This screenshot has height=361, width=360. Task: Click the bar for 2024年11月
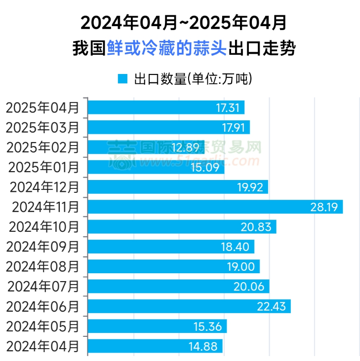[215, 207]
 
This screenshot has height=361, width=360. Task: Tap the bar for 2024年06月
[189, 306]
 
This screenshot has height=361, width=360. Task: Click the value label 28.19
[324, 207]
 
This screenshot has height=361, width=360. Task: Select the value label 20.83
[258, 227]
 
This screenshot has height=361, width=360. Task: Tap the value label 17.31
[227, 108]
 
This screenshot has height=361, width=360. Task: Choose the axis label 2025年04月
[42, 108]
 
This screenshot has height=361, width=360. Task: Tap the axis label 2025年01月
[43, 167]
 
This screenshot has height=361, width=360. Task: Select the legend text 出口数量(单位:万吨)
[190, 78]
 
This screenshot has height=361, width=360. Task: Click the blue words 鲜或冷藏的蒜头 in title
[167, 48]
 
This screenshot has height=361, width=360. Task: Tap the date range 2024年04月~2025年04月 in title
[183, 22]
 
